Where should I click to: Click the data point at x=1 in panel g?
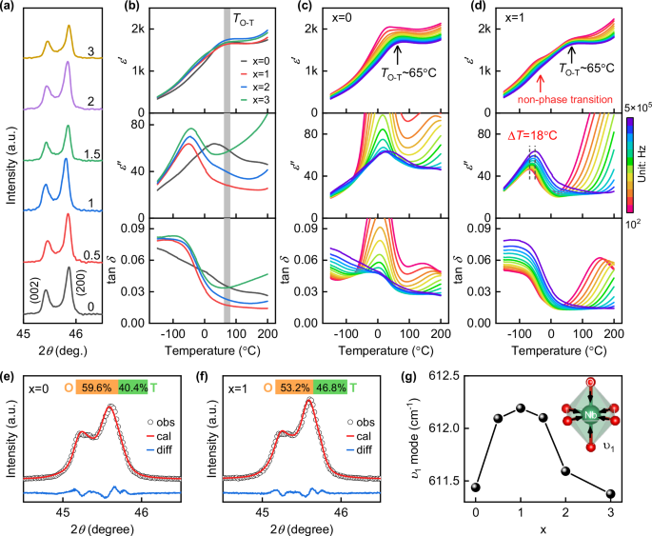tap(519, 407)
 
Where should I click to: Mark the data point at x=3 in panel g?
tap(610, 494)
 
